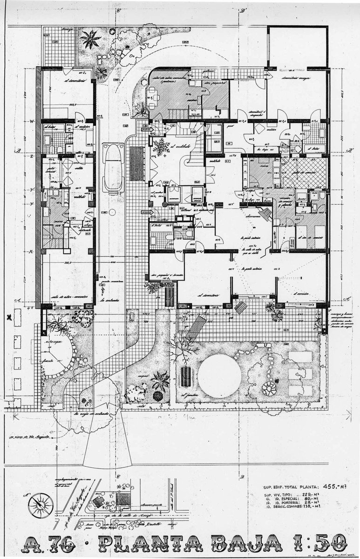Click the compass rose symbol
coord(38,504)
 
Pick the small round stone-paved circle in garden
coord(269,388)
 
